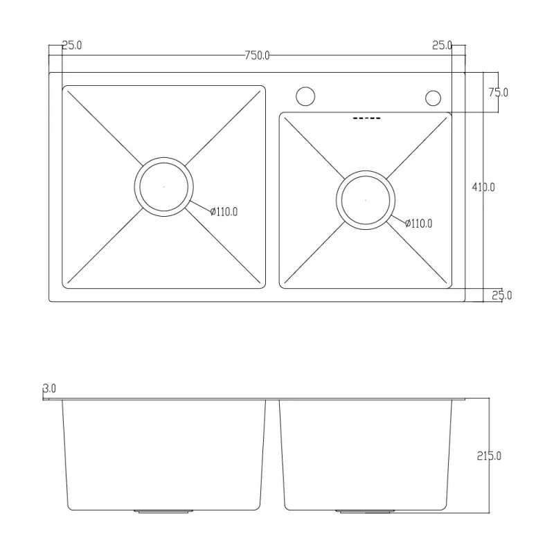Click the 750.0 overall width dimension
pos(257,56)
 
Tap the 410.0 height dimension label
pos(483,187)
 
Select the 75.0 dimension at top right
pos(498,92)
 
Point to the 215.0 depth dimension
pos(489,456)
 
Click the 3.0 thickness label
pos(49,389)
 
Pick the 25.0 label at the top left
pos(72,46)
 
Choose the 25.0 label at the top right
pos(442,46)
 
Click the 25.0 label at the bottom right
pos(501,296)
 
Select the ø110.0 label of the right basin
pos(418,223)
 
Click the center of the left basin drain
pos(163,187)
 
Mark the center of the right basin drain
pos(366,200)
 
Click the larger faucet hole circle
pos(305,96)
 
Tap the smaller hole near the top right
pos(434,98)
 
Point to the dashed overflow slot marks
pos(366,119)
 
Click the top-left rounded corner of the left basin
pos(66,89)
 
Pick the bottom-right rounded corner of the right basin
pos(447,284)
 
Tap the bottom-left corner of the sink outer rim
pos(50,300)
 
